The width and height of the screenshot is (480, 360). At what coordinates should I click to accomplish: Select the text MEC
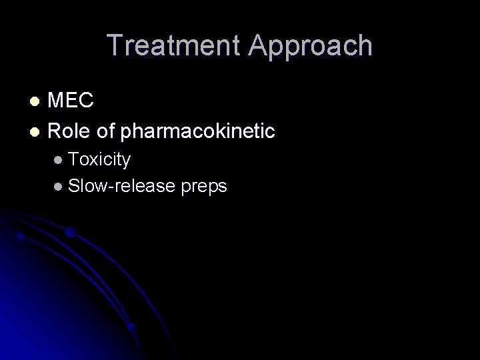[71, 101]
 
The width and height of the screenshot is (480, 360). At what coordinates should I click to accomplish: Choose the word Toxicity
[100, 160]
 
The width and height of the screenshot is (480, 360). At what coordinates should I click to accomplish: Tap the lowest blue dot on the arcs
[132, 327]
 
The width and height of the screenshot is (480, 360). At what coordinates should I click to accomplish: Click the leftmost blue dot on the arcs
[21, 235]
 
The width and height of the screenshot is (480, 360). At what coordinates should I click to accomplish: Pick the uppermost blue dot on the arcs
[71, 233]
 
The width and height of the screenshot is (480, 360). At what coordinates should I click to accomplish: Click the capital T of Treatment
[115, 46]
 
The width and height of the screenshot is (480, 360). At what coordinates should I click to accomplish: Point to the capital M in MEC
[57, 101]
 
